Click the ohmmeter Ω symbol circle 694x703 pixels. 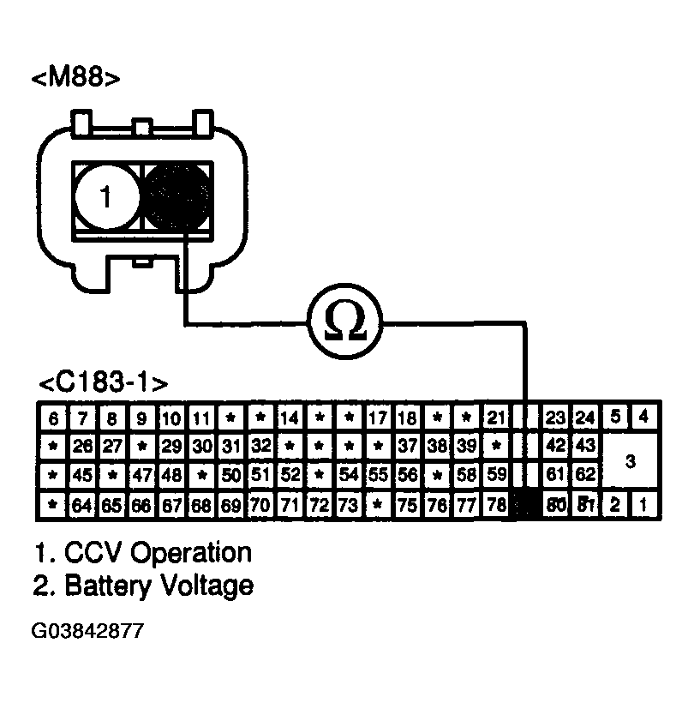coord(346,323)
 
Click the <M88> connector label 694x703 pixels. coord(75,79)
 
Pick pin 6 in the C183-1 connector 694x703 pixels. coord(53,419)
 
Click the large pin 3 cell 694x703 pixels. coord(631,462)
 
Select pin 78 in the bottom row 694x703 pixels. coord(495,505)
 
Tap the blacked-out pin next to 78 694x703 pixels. coord(524,506)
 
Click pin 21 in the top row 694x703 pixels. coord(496,419)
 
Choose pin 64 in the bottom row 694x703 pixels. coord(82,505)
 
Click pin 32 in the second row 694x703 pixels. coord(261,447)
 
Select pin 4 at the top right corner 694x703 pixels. coord(643,418)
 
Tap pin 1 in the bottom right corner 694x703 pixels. coord(643,504)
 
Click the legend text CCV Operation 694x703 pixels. coord(142,552)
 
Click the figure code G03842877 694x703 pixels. coord(87,632)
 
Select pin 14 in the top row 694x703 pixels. coord(290,419)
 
